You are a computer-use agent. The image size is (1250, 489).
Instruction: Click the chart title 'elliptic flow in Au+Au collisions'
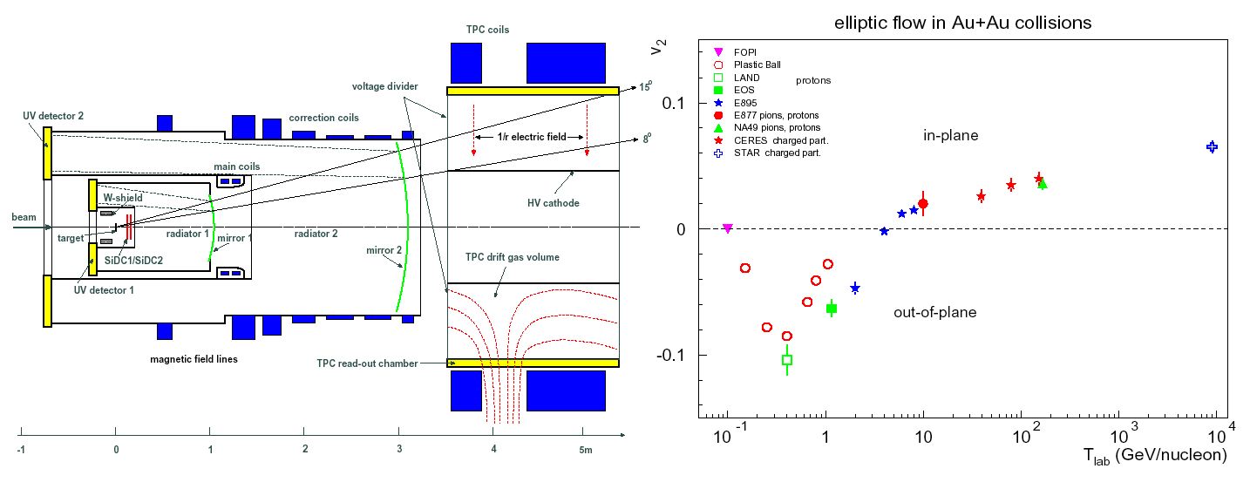coord(956,23)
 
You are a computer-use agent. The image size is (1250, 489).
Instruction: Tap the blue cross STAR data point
coord(1212,146)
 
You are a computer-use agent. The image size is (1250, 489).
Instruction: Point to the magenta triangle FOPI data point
coord(728,228)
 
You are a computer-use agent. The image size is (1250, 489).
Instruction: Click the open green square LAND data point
coord(787,359)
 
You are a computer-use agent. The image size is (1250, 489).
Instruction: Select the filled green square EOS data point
coord(832,309)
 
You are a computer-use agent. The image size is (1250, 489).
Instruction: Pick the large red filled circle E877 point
coord(923,204)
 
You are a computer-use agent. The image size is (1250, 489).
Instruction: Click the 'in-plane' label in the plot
coord(951,135)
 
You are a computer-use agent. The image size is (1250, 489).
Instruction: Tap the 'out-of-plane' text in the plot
coord(934,312)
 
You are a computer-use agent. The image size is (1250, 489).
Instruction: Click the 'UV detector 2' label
coord(53,115)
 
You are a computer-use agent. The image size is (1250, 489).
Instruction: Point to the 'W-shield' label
coord(122,197)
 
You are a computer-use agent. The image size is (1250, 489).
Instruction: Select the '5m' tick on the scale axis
coord(585,450)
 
